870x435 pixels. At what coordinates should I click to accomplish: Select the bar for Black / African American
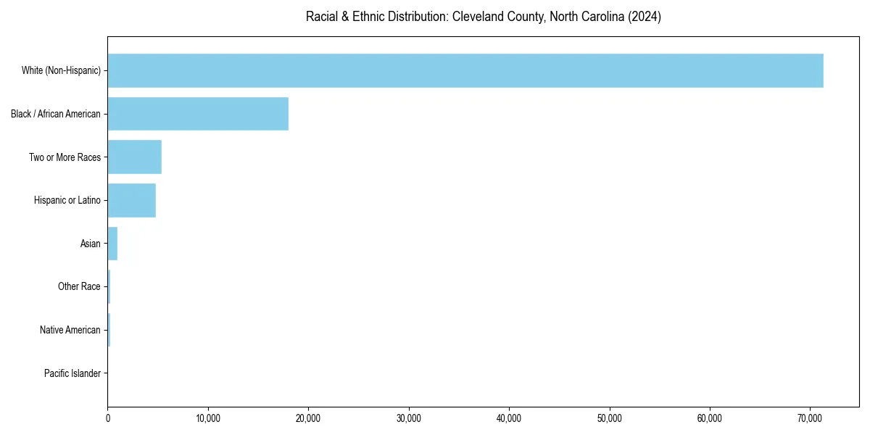198,114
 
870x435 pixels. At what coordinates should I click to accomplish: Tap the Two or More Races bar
135,157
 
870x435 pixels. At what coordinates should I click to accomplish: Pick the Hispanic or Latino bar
132,200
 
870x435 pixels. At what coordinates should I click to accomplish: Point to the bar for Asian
112,244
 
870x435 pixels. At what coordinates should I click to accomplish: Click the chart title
484,17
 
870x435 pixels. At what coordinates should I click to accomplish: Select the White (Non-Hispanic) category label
61,70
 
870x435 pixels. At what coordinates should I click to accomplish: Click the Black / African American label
56,114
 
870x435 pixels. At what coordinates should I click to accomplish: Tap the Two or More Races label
65,157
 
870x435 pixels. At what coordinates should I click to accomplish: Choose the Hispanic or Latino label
67,200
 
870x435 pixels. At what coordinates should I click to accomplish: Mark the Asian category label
91,244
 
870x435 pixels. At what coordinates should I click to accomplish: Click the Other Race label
79,287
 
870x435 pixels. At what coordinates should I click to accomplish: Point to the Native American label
70,330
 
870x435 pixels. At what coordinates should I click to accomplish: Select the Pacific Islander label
72,373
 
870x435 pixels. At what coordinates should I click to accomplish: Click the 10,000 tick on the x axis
208,418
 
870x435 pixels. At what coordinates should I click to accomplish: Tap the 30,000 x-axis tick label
409,418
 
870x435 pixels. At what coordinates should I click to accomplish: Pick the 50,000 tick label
610,418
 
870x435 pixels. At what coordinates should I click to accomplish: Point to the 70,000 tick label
810,418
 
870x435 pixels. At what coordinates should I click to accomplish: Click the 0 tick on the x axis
108,418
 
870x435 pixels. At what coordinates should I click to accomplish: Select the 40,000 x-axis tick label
509,418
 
